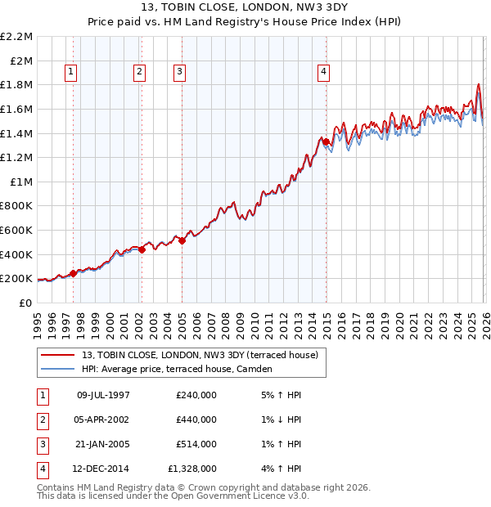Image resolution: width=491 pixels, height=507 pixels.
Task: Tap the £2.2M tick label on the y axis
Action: [16, 37]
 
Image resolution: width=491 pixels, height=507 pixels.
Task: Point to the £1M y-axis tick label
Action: [20, 182]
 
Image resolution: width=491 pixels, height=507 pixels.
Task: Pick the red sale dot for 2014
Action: [327, 142]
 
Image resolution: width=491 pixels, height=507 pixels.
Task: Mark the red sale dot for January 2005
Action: [182, 240]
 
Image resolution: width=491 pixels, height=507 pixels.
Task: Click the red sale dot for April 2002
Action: [142, 249]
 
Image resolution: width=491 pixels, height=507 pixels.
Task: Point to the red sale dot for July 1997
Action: [73, 273]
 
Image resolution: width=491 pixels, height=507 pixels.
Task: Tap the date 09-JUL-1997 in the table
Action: [103, 395]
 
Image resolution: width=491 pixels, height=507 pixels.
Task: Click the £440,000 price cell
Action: [196, 420]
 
